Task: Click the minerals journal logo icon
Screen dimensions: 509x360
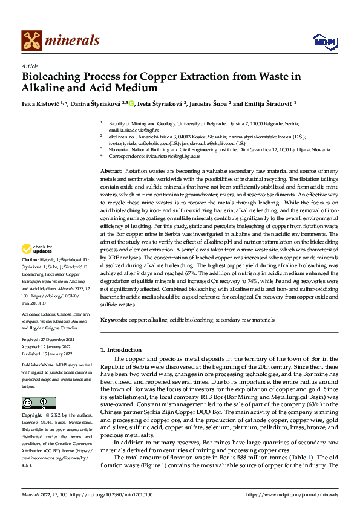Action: (x=32, y=41)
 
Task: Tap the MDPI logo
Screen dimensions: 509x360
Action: (x=321, y=41)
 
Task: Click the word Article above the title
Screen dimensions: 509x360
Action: (x=30, y=66)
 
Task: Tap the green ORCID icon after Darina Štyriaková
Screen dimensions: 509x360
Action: (x=131, y=103)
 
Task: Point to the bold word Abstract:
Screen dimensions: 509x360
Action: (x=111, y=172)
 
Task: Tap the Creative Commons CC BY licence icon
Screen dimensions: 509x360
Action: (x=38, y=403)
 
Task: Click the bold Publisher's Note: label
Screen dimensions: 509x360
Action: (x=38, y=366)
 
